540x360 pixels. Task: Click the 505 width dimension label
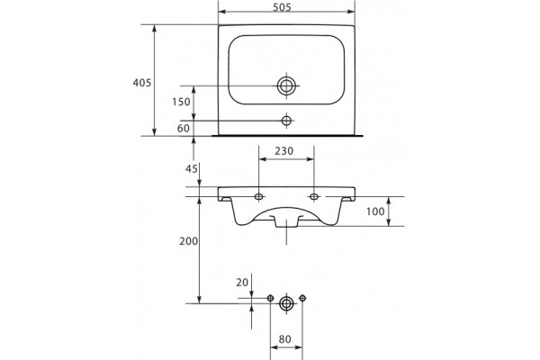(282, 7)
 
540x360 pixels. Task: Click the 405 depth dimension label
(142, 83)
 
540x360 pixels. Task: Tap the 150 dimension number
(181, 102)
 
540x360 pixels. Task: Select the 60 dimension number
(184, 129)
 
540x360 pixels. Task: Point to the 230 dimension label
(284, 151)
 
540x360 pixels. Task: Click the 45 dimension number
(192, 169)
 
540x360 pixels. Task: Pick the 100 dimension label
(375, 211)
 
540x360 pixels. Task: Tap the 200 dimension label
(188, 241)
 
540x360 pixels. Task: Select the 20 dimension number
(242, 283)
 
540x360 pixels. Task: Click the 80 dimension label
(284, 339)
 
